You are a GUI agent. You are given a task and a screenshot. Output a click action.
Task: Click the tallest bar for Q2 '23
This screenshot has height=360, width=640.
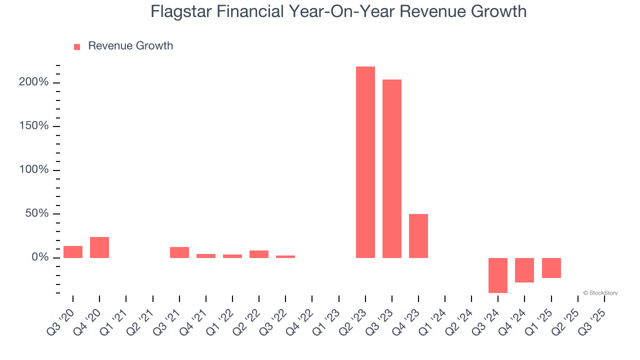pyautogui.click(x=365, y=162)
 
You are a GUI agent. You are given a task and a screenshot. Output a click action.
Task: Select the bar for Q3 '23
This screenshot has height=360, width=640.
pyautogui.click(x=392, y=168)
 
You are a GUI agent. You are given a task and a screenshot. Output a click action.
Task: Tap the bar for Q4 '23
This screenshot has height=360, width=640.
pyautogui.click(x=418, y=236)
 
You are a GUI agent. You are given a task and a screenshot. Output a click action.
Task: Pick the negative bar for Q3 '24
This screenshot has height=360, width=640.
pyautogui.click(x=498, y=275)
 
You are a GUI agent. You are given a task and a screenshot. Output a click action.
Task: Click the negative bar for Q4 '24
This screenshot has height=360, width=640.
pyautogui.click(x=524, y=270)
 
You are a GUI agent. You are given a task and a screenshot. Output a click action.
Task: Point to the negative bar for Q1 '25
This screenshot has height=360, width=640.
pyautogui.click(x=551, y=268)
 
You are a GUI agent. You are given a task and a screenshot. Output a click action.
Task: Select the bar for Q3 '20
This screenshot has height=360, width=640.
pyautogui.click(x=73, y=252)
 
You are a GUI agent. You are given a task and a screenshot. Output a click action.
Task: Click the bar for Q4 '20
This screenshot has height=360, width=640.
pyautogui.click(x=99, y=247)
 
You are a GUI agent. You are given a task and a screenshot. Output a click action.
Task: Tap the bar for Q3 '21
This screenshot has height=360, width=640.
pyautogui.click(x=179, y=252)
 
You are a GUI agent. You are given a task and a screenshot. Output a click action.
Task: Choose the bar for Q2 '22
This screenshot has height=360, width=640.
pyautogui.click(x=259, y=254)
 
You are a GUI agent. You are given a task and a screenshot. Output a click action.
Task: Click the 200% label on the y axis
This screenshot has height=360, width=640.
pyautogui.click(x=34, y=82)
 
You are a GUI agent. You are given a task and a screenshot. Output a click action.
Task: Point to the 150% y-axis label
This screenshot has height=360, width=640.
pyautogui.click(x=34, y=126)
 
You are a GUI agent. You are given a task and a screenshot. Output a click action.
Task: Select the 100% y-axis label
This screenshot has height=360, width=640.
pyautogui.click(x=34, y=170)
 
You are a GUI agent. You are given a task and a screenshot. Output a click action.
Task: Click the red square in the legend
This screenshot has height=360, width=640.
pyautogui.click(x=77, y=47)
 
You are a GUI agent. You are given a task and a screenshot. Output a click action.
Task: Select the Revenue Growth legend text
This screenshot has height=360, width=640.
pyautogui.click(x=130, y=46)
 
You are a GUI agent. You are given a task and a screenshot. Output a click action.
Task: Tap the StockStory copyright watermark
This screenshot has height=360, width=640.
pyautogui.click(x=600, y=293)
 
